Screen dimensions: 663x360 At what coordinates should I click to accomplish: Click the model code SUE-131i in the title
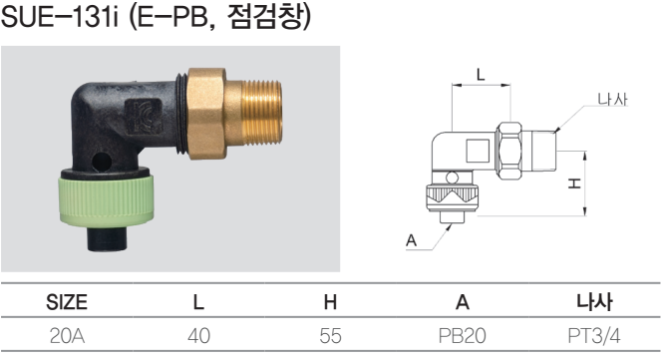[60, 18]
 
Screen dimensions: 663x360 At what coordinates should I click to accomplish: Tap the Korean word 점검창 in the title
[265, 17]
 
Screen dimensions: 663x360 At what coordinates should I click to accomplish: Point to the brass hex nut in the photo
[206, 114]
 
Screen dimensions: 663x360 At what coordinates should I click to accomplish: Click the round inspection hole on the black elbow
[102, 162]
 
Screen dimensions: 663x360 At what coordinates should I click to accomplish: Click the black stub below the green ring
[107, 238]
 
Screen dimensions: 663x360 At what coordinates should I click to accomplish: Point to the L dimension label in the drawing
[481, 75]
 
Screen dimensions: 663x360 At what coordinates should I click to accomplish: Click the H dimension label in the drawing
[574, 183]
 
